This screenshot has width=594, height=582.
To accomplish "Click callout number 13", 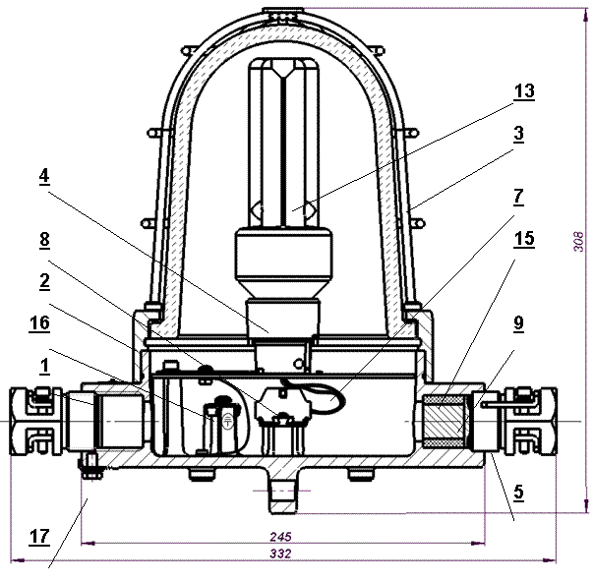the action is pyautogui.click(x=524, y=90).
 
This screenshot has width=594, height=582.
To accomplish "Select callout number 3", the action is pyautogui.click(x=518, y=134).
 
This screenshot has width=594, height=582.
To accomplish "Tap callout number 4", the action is pyautogui.click(x=44, y=176).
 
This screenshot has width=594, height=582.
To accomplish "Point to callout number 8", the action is pyautogui.click(x=44, y=239).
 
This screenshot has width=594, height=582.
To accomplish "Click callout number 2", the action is pyautogui.click(x=44, y=281).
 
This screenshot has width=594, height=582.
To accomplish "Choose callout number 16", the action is pyautogui.click(x=39, y=323).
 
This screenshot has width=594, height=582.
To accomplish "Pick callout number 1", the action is pyautogui.click(x=44, y=366).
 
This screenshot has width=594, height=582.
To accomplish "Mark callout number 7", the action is pyautogui.click(x=518, y=197).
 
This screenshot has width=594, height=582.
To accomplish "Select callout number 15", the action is pyautogui.click(x=524, y=239).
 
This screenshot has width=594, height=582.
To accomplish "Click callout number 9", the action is pyautogui.click(x=518, y=323).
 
